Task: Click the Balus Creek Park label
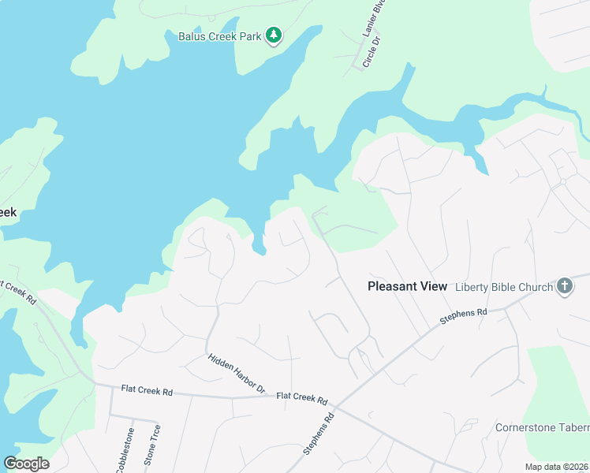[220, 35]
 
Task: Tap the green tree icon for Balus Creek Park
[274, 35]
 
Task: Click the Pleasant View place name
[407, 286]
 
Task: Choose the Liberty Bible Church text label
[504, 286]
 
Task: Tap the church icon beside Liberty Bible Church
[564, 286]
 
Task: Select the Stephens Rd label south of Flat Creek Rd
[319, 433]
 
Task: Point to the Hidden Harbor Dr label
[237, 373]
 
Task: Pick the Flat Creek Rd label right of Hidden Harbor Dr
[301, 398]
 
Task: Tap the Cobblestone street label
[125, 450]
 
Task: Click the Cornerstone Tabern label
[542, 427]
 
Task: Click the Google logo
[26, 463]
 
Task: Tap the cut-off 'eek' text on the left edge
[8, 212]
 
